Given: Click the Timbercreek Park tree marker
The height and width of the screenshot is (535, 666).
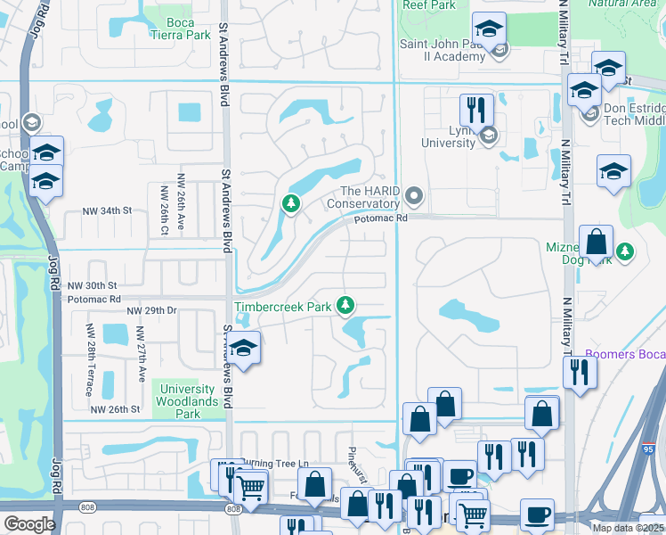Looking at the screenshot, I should coord(345,306).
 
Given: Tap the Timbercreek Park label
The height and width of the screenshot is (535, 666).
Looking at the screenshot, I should coord(282,307).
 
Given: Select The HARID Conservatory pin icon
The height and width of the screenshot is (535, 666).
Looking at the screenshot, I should coord(412,194).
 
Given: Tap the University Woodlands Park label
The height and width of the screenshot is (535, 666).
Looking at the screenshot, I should coord(188,401).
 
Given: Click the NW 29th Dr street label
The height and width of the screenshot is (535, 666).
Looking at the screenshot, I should coord(152,310).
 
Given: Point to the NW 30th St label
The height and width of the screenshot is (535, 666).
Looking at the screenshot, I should coord(93,284).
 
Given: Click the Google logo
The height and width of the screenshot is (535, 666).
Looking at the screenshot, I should coord(29,524).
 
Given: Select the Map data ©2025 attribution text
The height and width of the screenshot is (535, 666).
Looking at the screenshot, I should coord(628,528).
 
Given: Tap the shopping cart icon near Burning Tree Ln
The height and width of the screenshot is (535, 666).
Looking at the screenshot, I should coord(252,487).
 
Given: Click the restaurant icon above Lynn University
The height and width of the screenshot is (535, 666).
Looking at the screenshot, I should coord(476,110).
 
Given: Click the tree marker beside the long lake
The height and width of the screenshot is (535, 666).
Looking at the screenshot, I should coord(290,204).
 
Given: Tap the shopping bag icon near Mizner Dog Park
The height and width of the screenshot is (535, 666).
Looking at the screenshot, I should coord(596,241).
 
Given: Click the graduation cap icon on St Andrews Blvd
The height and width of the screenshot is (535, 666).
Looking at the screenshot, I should coord(244,347).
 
